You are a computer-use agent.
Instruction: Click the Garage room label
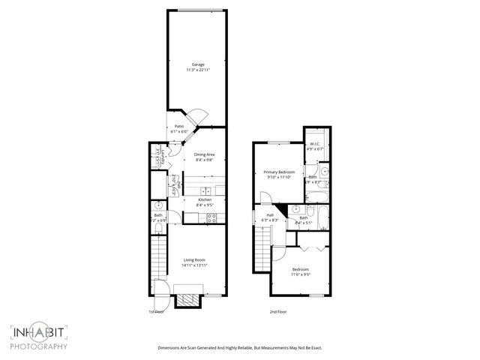196,64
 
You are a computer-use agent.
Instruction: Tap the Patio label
179,126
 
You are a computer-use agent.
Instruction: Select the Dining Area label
205,154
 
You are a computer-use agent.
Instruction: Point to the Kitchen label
205,199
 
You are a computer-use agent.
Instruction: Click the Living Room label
194,260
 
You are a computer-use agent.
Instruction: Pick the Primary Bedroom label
278,172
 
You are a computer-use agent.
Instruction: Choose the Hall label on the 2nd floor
269,215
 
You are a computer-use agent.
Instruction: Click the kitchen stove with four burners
211,218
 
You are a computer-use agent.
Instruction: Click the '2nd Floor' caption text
278,311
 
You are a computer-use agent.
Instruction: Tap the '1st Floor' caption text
155,311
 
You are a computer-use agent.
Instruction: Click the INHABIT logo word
38,332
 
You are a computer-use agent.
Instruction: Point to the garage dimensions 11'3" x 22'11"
196,70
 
